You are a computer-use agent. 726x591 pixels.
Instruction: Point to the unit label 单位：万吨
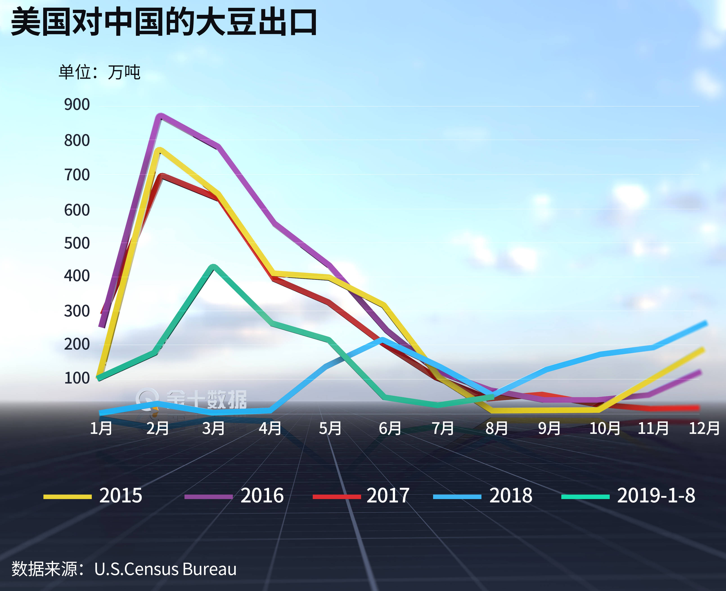pyautogui.click(x=99, y=72)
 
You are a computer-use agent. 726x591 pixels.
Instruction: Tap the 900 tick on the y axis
pyautogui.click(x=77, y=105)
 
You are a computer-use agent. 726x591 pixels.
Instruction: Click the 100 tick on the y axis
pyautogui.click(x=77, y=378)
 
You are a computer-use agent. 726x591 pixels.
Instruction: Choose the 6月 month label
pyautogui.click(x=390, y=428)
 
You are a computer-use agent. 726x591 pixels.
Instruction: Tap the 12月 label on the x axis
pyautogui.click(x=704, y=428)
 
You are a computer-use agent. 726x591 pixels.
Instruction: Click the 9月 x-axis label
pyautogui.click(x=549, y=428)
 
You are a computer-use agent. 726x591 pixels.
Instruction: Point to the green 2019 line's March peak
pyautogui.click(x=214, y=267)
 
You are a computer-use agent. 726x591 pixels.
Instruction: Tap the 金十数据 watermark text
pyautogui.click(x=206, y=399)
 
